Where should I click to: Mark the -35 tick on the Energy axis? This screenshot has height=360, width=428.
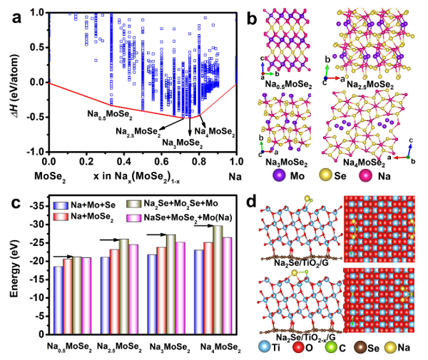pos(36,205)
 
